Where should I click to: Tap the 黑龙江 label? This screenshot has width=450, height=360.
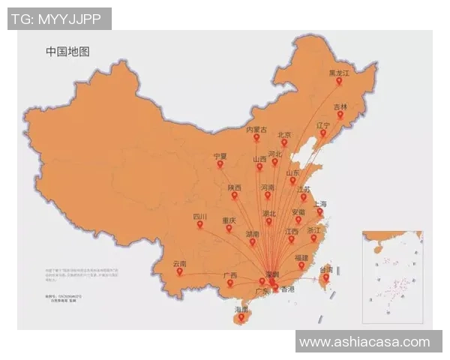339,73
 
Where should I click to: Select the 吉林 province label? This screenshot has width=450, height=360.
340,106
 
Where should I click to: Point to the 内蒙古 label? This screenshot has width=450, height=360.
256,129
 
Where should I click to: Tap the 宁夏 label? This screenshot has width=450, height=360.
220,156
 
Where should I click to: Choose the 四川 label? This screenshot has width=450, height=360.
199,216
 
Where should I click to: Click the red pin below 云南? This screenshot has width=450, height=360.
180,272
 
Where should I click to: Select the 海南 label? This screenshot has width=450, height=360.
241,309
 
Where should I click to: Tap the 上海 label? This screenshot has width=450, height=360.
319,203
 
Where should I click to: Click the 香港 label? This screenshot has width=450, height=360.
289,289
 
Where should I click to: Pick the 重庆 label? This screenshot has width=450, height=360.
229,220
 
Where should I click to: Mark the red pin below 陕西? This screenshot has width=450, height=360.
234,196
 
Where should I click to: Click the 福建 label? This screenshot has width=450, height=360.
301,257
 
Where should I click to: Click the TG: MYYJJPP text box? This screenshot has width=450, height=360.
59,18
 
